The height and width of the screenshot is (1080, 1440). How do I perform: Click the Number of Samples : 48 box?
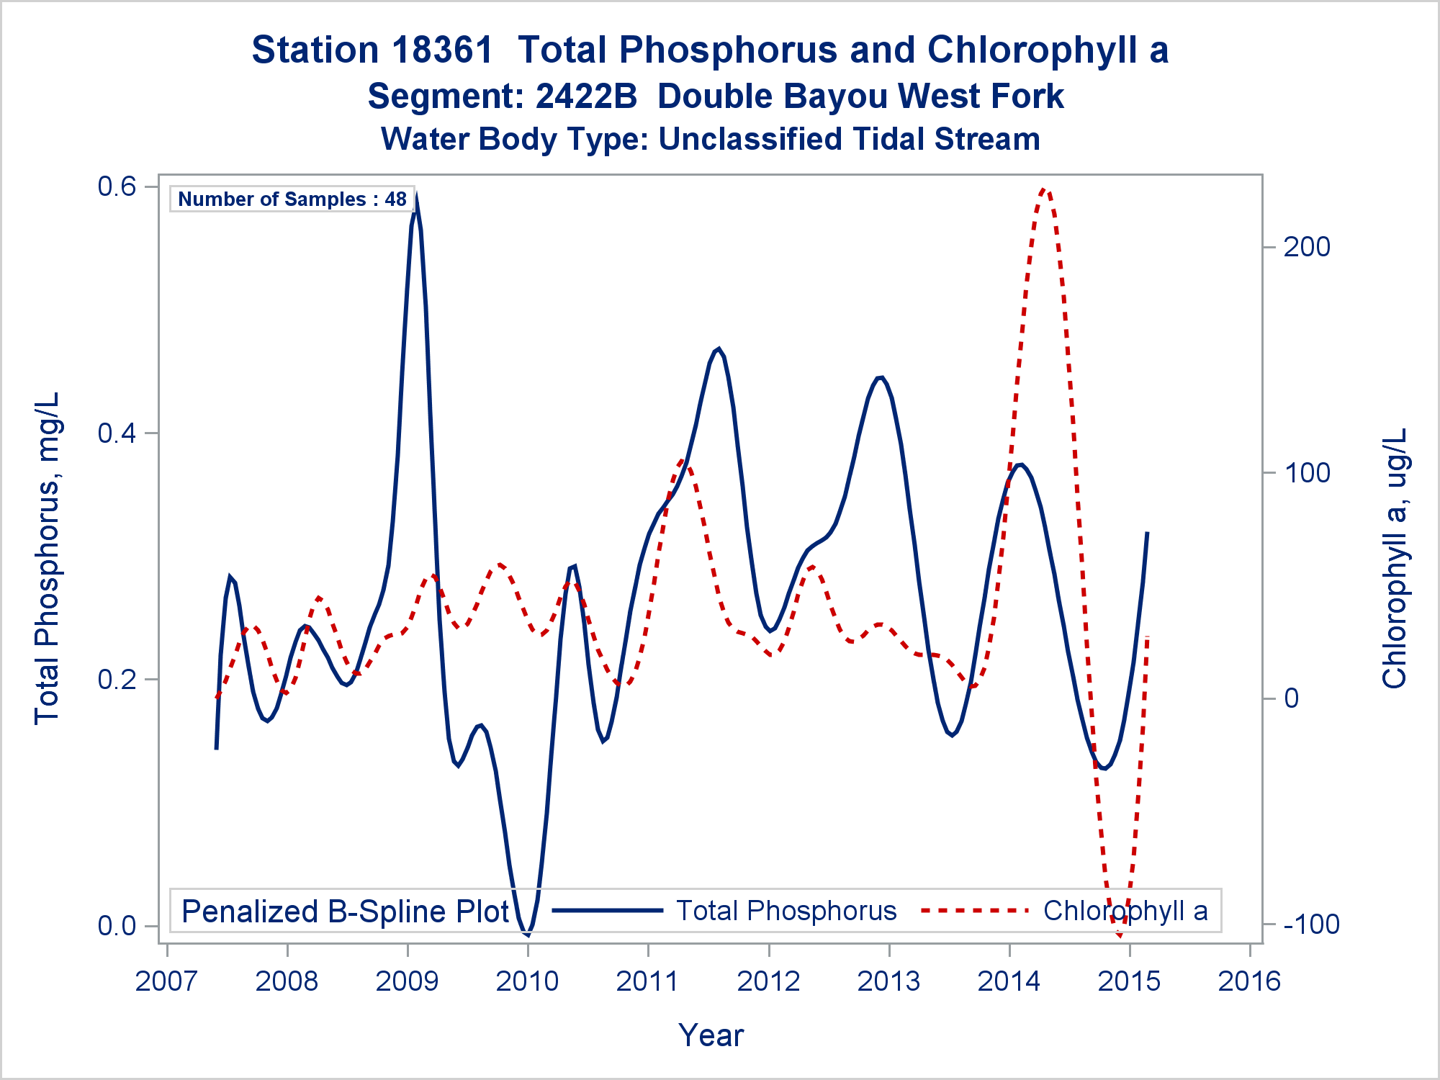coord(292,199)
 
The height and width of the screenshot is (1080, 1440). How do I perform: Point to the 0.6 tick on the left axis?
coord(117,186)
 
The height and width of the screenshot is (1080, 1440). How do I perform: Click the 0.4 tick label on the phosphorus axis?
coord(117,433)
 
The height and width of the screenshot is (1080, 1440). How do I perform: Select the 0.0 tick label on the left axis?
coord(117,926)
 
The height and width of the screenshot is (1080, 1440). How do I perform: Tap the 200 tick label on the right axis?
coord(1307,247)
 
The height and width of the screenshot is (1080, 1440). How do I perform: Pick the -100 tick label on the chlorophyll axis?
coord(1311,924)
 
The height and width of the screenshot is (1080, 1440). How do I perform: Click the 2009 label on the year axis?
coord(407,981)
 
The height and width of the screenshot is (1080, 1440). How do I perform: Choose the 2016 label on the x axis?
coord(1249,981)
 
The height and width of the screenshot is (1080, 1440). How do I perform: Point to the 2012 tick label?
coord(768,981)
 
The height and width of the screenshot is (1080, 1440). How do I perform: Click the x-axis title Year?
coord(711,1035)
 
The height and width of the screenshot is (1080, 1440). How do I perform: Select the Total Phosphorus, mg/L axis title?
coord(48,557)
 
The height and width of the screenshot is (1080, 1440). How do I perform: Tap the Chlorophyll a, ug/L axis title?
coord(1394,557)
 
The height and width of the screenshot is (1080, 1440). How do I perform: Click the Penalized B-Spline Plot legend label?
coord(346,912)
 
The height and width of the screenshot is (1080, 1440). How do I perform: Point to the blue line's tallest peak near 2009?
coord(416,196)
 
